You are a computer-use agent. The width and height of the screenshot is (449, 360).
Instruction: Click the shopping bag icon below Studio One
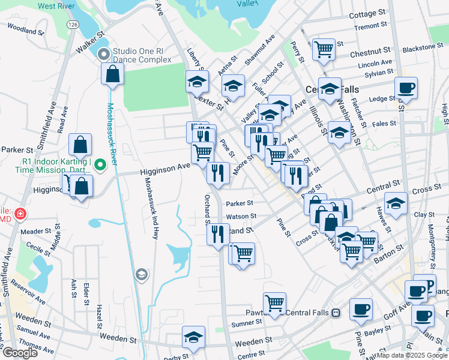tap(112, 75)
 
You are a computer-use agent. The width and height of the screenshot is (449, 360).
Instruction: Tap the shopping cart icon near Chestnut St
tap(324, 49)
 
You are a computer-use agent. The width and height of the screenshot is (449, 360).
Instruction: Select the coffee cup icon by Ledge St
tap(406, 88)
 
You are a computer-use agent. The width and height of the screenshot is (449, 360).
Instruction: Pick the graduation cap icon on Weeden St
tap(193, 337)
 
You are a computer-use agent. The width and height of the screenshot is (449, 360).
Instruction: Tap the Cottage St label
tap(366, 13)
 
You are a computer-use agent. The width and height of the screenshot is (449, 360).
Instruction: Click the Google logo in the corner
tap(20, 353)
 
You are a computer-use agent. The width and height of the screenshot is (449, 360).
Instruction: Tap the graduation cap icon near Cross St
tap(396, 203)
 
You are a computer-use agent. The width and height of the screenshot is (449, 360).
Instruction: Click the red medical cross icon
tap(20, 214)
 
